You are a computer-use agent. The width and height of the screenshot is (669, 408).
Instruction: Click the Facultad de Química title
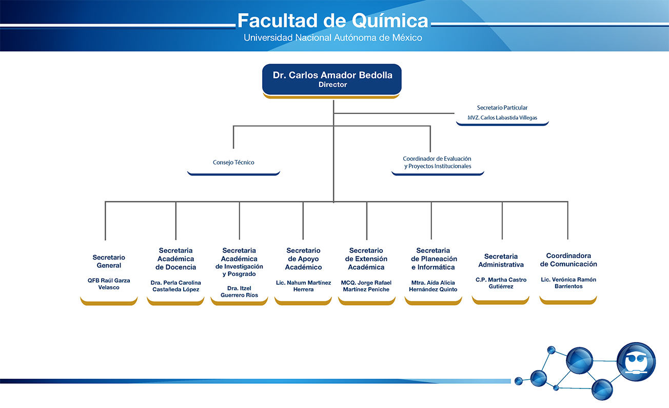333,21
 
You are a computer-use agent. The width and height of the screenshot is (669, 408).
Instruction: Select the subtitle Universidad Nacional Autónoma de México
333,38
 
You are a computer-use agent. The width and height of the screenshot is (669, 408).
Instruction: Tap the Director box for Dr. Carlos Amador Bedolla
332,79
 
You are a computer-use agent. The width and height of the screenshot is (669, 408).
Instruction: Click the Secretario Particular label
502,108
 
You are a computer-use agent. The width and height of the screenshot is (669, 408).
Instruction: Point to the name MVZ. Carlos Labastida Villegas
502,118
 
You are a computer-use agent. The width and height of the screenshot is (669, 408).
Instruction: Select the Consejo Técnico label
233,162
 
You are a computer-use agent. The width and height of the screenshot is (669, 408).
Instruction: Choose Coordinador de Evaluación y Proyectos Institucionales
437,162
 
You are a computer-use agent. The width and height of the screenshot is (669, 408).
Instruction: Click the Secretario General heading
109,262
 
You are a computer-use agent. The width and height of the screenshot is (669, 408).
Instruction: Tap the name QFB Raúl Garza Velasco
109,284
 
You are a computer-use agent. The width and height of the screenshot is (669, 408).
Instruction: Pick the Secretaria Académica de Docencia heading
175,259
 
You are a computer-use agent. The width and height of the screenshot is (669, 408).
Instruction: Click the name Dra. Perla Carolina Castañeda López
175,286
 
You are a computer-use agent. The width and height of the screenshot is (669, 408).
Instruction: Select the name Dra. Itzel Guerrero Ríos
239,292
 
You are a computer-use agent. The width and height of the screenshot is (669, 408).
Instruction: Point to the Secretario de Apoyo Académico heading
303,259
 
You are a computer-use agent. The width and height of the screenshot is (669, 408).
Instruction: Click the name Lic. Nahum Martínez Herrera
303,286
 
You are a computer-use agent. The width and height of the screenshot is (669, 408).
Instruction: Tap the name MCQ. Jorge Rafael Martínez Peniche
366,286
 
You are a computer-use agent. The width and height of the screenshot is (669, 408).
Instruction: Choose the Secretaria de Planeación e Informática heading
434,259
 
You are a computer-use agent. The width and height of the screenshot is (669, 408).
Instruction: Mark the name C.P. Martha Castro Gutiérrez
501,283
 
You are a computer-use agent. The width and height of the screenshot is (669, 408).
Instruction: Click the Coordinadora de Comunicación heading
568,260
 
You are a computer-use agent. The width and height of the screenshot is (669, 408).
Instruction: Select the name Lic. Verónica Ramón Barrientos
568,283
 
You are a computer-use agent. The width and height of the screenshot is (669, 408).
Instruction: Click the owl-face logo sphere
636,362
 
